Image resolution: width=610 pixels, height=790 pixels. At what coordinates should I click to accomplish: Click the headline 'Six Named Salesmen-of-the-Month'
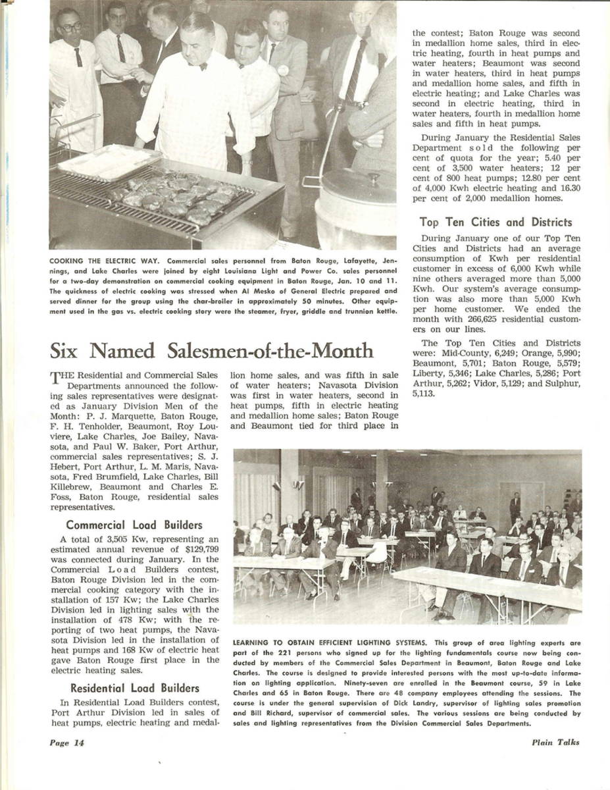(211, 350)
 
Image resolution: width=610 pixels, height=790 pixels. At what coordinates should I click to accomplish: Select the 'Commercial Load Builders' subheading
(134, 525)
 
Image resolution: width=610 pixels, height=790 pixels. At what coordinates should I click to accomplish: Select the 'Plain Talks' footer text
(556, 743)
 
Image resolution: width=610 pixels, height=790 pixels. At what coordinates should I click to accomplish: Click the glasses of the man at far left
(70, 27)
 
